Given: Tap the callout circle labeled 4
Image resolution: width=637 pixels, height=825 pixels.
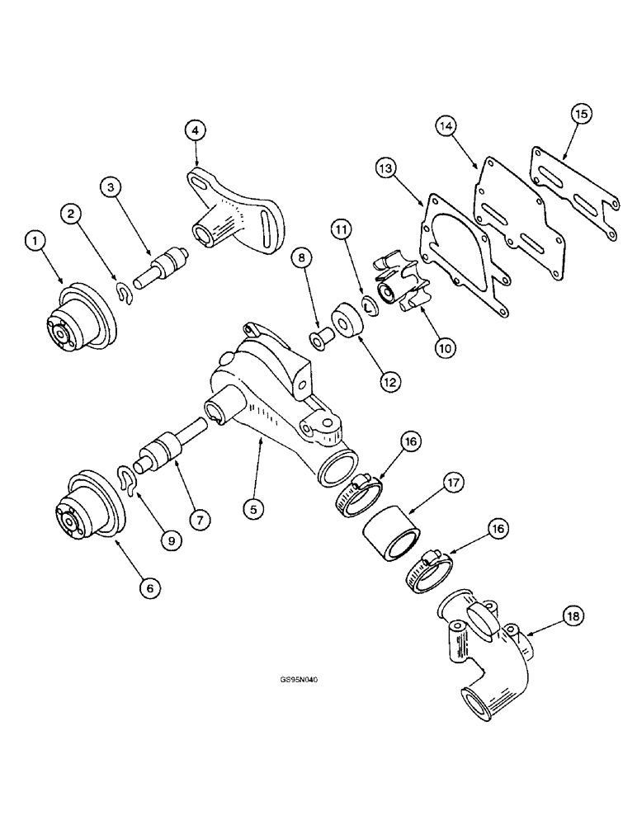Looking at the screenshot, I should (194, 130).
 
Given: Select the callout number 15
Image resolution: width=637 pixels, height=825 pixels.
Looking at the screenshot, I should (580, 115).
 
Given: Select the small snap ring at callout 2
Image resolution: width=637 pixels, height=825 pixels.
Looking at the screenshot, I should (123, 292).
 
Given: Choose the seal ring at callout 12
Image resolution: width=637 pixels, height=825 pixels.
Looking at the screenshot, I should (346, 321).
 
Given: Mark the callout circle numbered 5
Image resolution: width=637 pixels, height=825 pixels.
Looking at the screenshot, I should (254, 510).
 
